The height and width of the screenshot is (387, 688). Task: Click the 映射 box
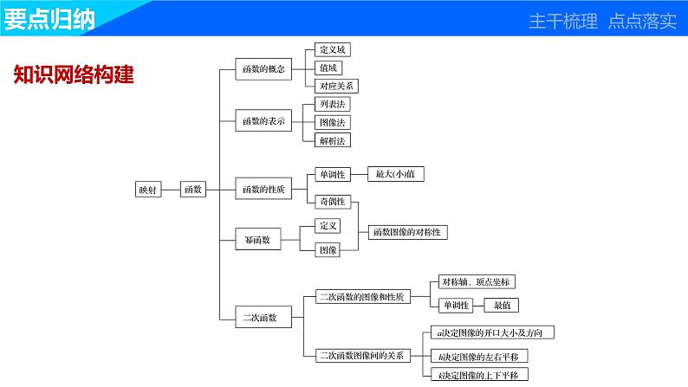pos(147,190)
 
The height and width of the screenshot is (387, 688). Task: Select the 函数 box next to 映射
pos(192,190)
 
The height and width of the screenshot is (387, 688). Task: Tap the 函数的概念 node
pos(263,68)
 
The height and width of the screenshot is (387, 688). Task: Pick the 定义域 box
pos(333,50)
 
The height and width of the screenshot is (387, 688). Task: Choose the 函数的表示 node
pos(263,121)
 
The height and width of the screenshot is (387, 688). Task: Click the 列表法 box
pos(333,104)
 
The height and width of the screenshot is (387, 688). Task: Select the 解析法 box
pos(333,139)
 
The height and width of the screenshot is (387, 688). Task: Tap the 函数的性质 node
pos(263,188)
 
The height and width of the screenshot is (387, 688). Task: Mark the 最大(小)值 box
pos(395,174)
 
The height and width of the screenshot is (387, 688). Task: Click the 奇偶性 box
pos(332,201)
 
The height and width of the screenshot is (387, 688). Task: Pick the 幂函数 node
pos(257,240)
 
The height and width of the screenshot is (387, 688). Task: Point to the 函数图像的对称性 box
pos(409,232)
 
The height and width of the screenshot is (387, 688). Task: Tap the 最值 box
pos(503,305)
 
